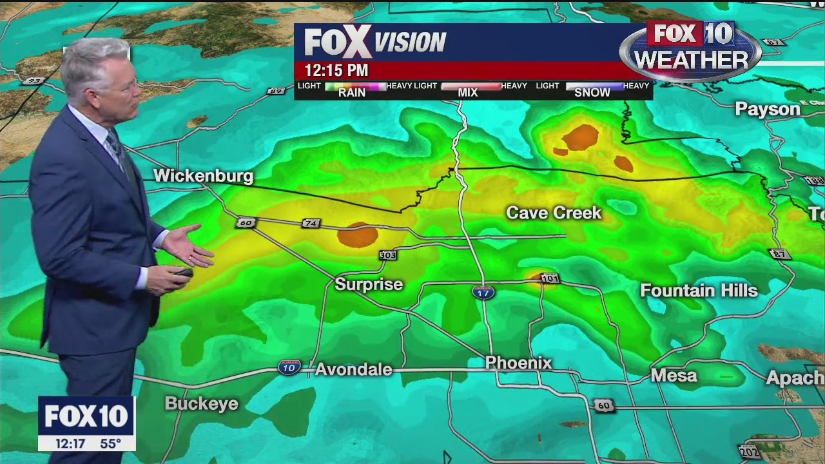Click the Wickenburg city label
point(203,176)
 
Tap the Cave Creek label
point(554,213)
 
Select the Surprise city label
point(369,284)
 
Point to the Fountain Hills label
point(699,291)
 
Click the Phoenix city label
point(518,363)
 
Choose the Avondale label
point(353,369)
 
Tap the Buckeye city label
point(202,403)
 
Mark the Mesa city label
point(674,375)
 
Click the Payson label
point(768,109)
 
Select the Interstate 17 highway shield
point(483,293)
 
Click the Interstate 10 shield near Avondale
point(289,367)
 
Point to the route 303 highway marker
point(387,255)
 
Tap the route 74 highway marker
point(311,223)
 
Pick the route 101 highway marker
point(550,278)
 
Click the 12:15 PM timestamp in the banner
point(336,70)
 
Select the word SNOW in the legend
point(592,92)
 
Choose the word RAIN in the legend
point(352,92)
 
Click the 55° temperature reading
point(110,443)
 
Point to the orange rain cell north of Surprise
point(357,235)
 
